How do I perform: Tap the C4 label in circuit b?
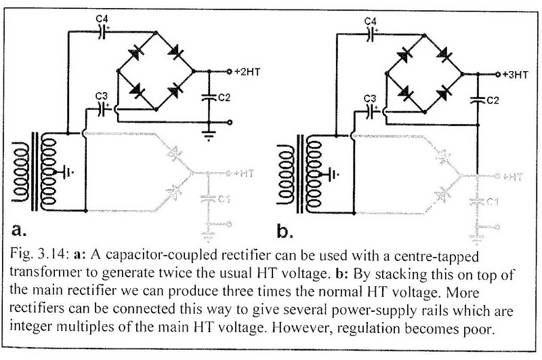click(x=371, y=22)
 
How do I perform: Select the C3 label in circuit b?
click(x=370, y=99)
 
